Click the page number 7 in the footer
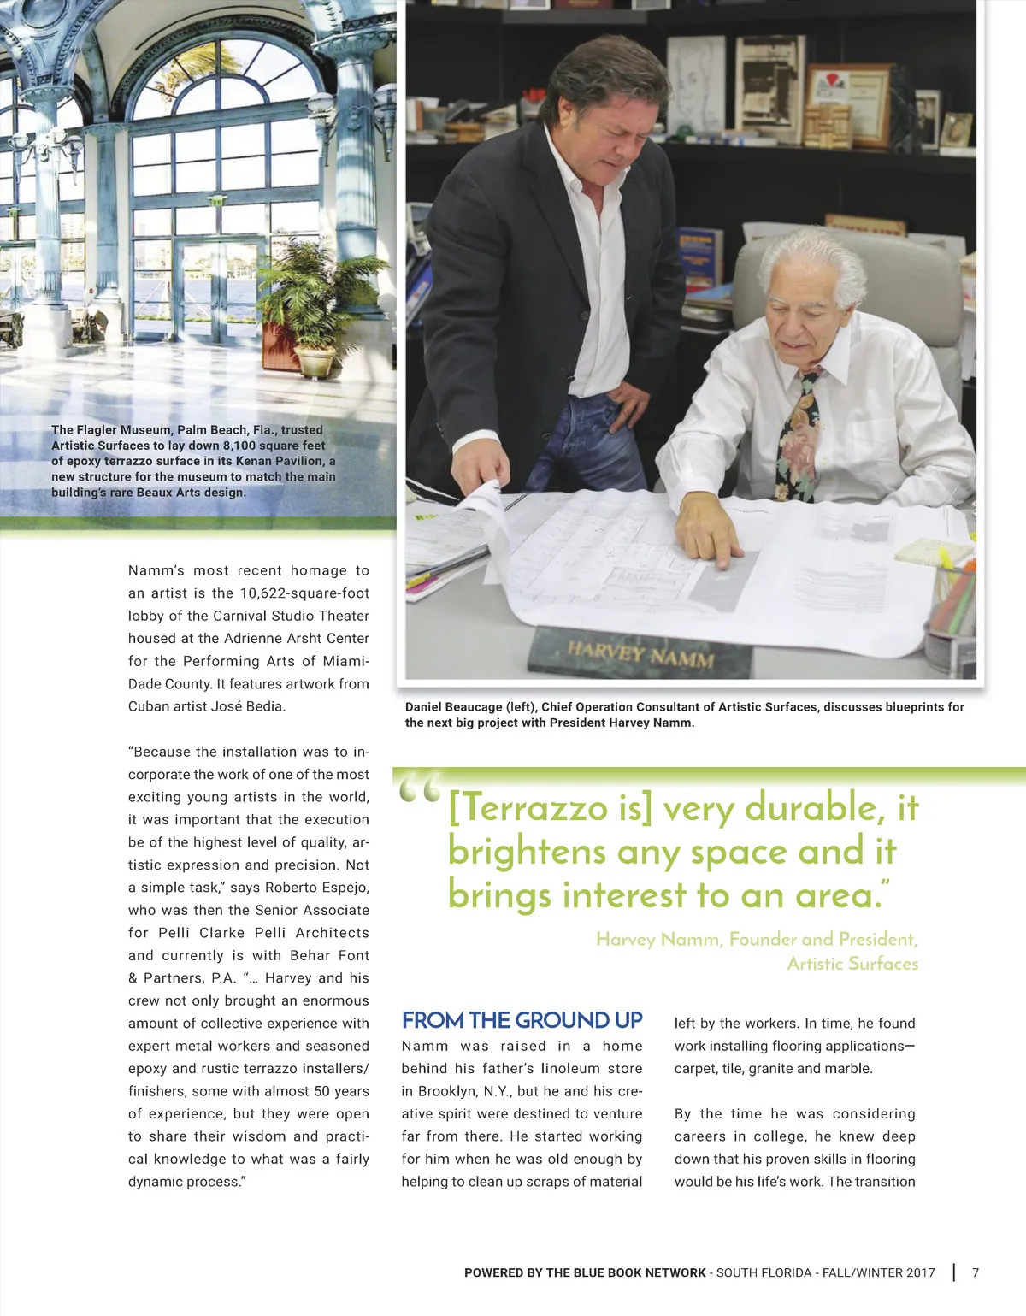[x=976, y=1272]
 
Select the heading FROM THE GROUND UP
[x=522, y=1020]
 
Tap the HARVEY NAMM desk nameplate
[x=640, y=655]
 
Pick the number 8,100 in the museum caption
[x=240, y=446]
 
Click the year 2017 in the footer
[x=920, y=1272]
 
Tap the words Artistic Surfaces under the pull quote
[x=852, y=964]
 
